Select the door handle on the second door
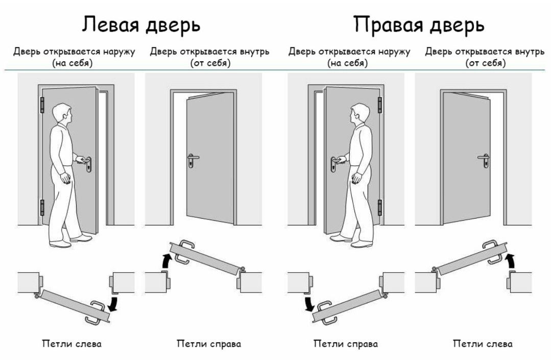tap(193, 158)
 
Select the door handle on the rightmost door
tap(483, 158)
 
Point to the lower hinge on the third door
tap(379, 207)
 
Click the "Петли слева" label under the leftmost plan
tap(71, 344)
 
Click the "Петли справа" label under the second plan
tap(208, 344)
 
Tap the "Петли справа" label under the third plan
tap(345, 344)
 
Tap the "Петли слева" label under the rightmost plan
tap(483, 344)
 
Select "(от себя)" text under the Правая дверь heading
tap(485, 64)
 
